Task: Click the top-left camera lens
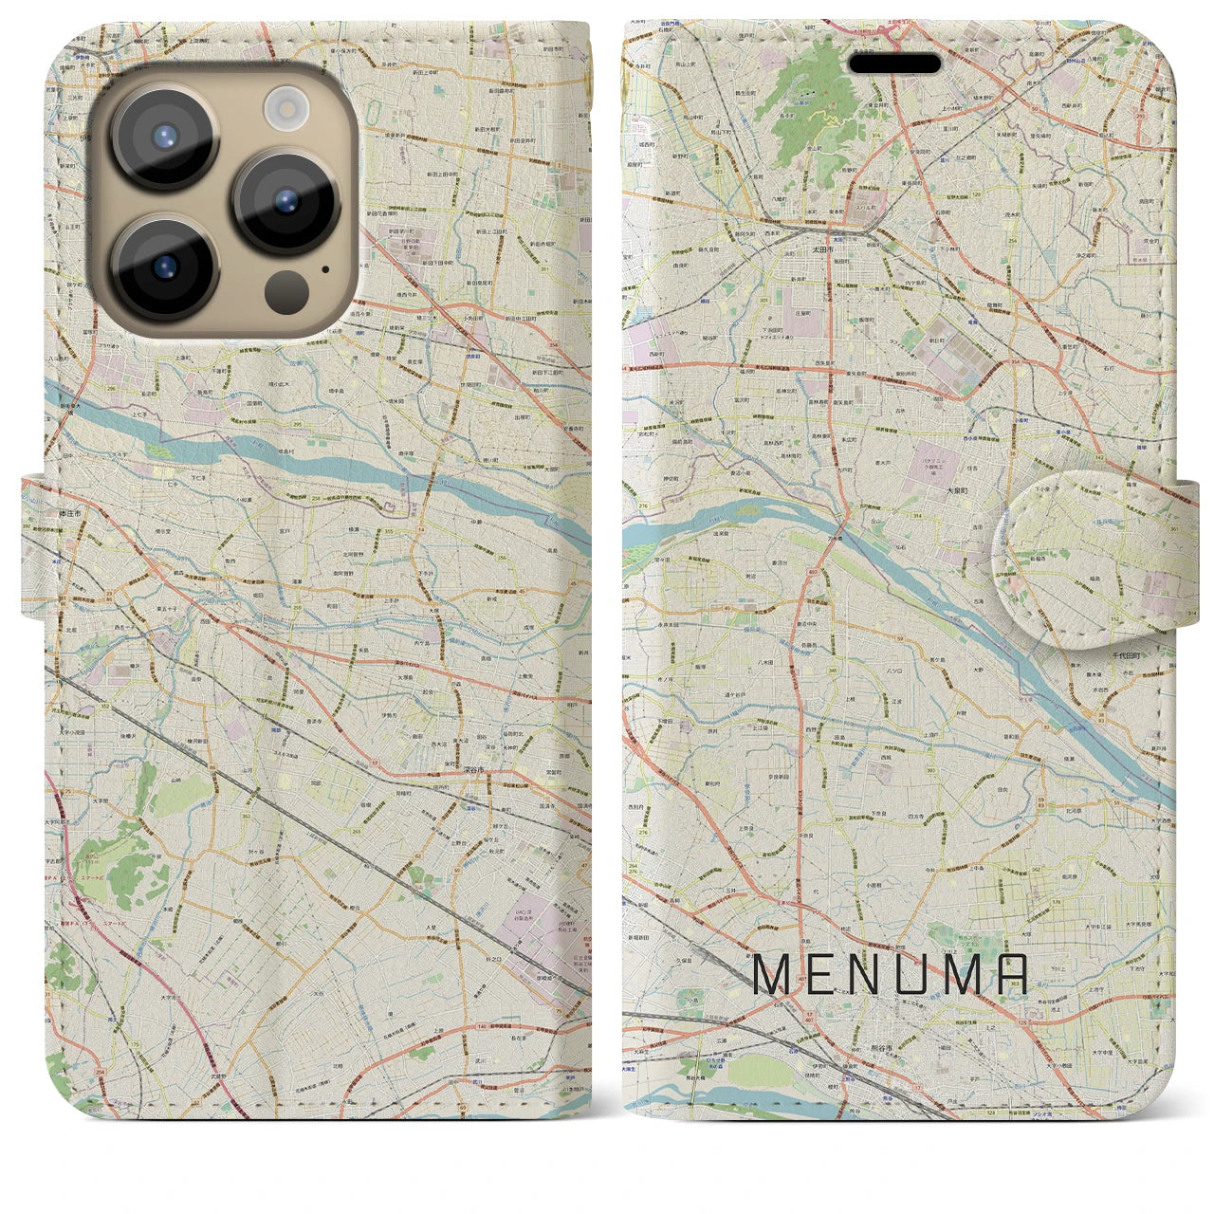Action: pos(165,138)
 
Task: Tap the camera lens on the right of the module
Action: pos(285,201)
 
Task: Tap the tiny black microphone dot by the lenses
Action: pos(326,268)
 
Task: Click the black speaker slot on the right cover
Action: pos(894,64)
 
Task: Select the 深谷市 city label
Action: pos(474,769)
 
